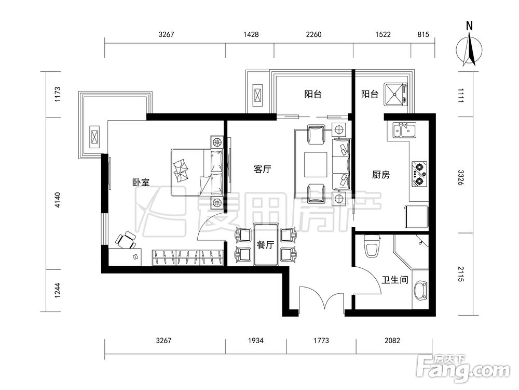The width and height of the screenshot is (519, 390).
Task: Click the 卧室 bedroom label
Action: (x=141, y=183)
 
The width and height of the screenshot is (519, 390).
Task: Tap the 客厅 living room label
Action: (x=263, y=170)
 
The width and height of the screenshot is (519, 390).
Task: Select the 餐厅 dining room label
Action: (x=265, y=245)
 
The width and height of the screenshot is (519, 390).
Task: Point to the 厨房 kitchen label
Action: (x=381, y=175)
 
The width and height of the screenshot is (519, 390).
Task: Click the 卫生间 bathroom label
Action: (x=395, y=280)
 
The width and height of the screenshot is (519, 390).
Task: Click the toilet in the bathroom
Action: (x=372, y=246)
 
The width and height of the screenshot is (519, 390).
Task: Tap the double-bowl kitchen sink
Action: (x=404, y=131)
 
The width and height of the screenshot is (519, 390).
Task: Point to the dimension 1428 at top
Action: (x=251, y=34)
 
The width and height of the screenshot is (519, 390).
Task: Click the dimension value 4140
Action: (x=58, y=200)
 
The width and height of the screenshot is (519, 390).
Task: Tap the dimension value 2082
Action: (x=392, y=341)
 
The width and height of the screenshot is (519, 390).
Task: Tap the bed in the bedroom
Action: (x=197, y=173)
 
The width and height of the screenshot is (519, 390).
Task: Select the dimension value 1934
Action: (x=255, y=341)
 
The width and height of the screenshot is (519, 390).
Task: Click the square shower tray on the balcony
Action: (x=395, y=94)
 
